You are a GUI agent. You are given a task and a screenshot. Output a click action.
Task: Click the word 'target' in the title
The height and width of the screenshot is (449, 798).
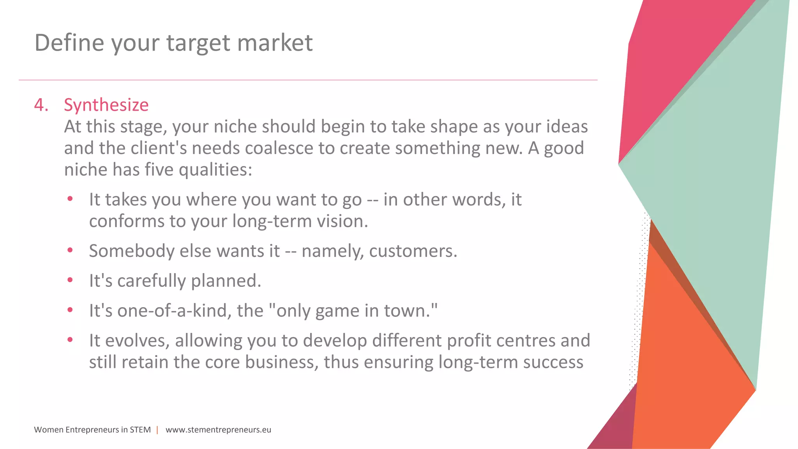click(x=199, y=43)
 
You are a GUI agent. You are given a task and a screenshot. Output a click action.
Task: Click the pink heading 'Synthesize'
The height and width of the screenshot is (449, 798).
click(x=106, y=105)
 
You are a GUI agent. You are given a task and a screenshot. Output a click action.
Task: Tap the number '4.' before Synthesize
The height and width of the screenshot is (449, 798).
click(x=41, y=105)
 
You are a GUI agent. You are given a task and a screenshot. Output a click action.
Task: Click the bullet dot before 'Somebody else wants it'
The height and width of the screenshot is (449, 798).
click(x=70, y=250)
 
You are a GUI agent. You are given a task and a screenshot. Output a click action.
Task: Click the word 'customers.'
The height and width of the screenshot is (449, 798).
click(x=413, y=251)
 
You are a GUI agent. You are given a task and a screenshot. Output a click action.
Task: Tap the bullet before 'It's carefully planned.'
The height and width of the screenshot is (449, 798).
click(x=70, y=280)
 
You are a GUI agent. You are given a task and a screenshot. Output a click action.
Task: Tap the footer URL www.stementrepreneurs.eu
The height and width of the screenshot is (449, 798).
click(x=218, y=430)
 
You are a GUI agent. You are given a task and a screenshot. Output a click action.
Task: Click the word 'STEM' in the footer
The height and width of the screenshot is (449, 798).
click(x=140, y=430)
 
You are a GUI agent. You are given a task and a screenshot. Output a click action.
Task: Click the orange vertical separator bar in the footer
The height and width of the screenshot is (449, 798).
click(x=157, y=430)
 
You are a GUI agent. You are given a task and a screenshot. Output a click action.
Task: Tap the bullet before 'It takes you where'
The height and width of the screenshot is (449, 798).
click(x=70, y=199)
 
